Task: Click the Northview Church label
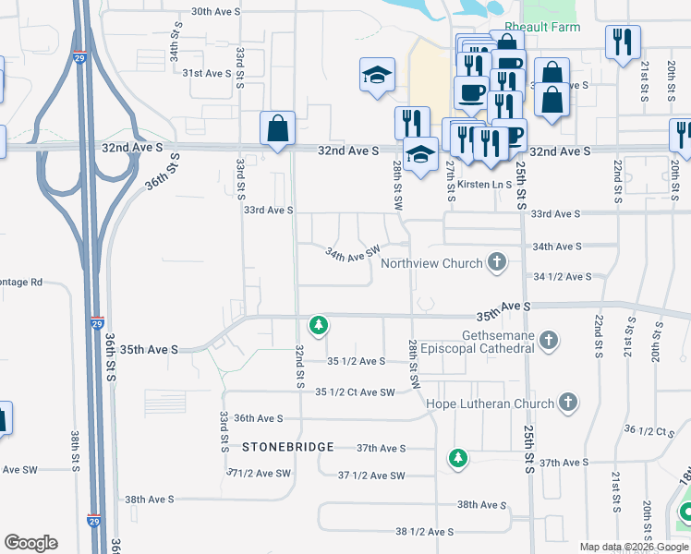[431, 263]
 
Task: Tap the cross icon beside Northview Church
[497, 263]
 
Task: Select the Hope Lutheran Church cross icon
[568, 403]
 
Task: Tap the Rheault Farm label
[542, 28]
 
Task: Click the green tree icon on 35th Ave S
[319, 325]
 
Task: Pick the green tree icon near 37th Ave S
[457, 458]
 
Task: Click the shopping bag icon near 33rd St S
[277, 130]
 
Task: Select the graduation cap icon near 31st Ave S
[376, 76]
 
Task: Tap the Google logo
[30, 543]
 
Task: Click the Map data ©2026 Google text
[634, 547]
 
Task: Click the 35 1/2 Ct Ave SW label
[355, 392]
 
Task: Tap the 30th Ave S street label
[215, 11]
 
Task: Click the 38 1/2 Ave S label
[424, 532]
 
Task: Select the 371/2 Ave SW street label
[259, 473]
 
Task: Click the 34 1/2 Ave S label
[562, 277]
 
